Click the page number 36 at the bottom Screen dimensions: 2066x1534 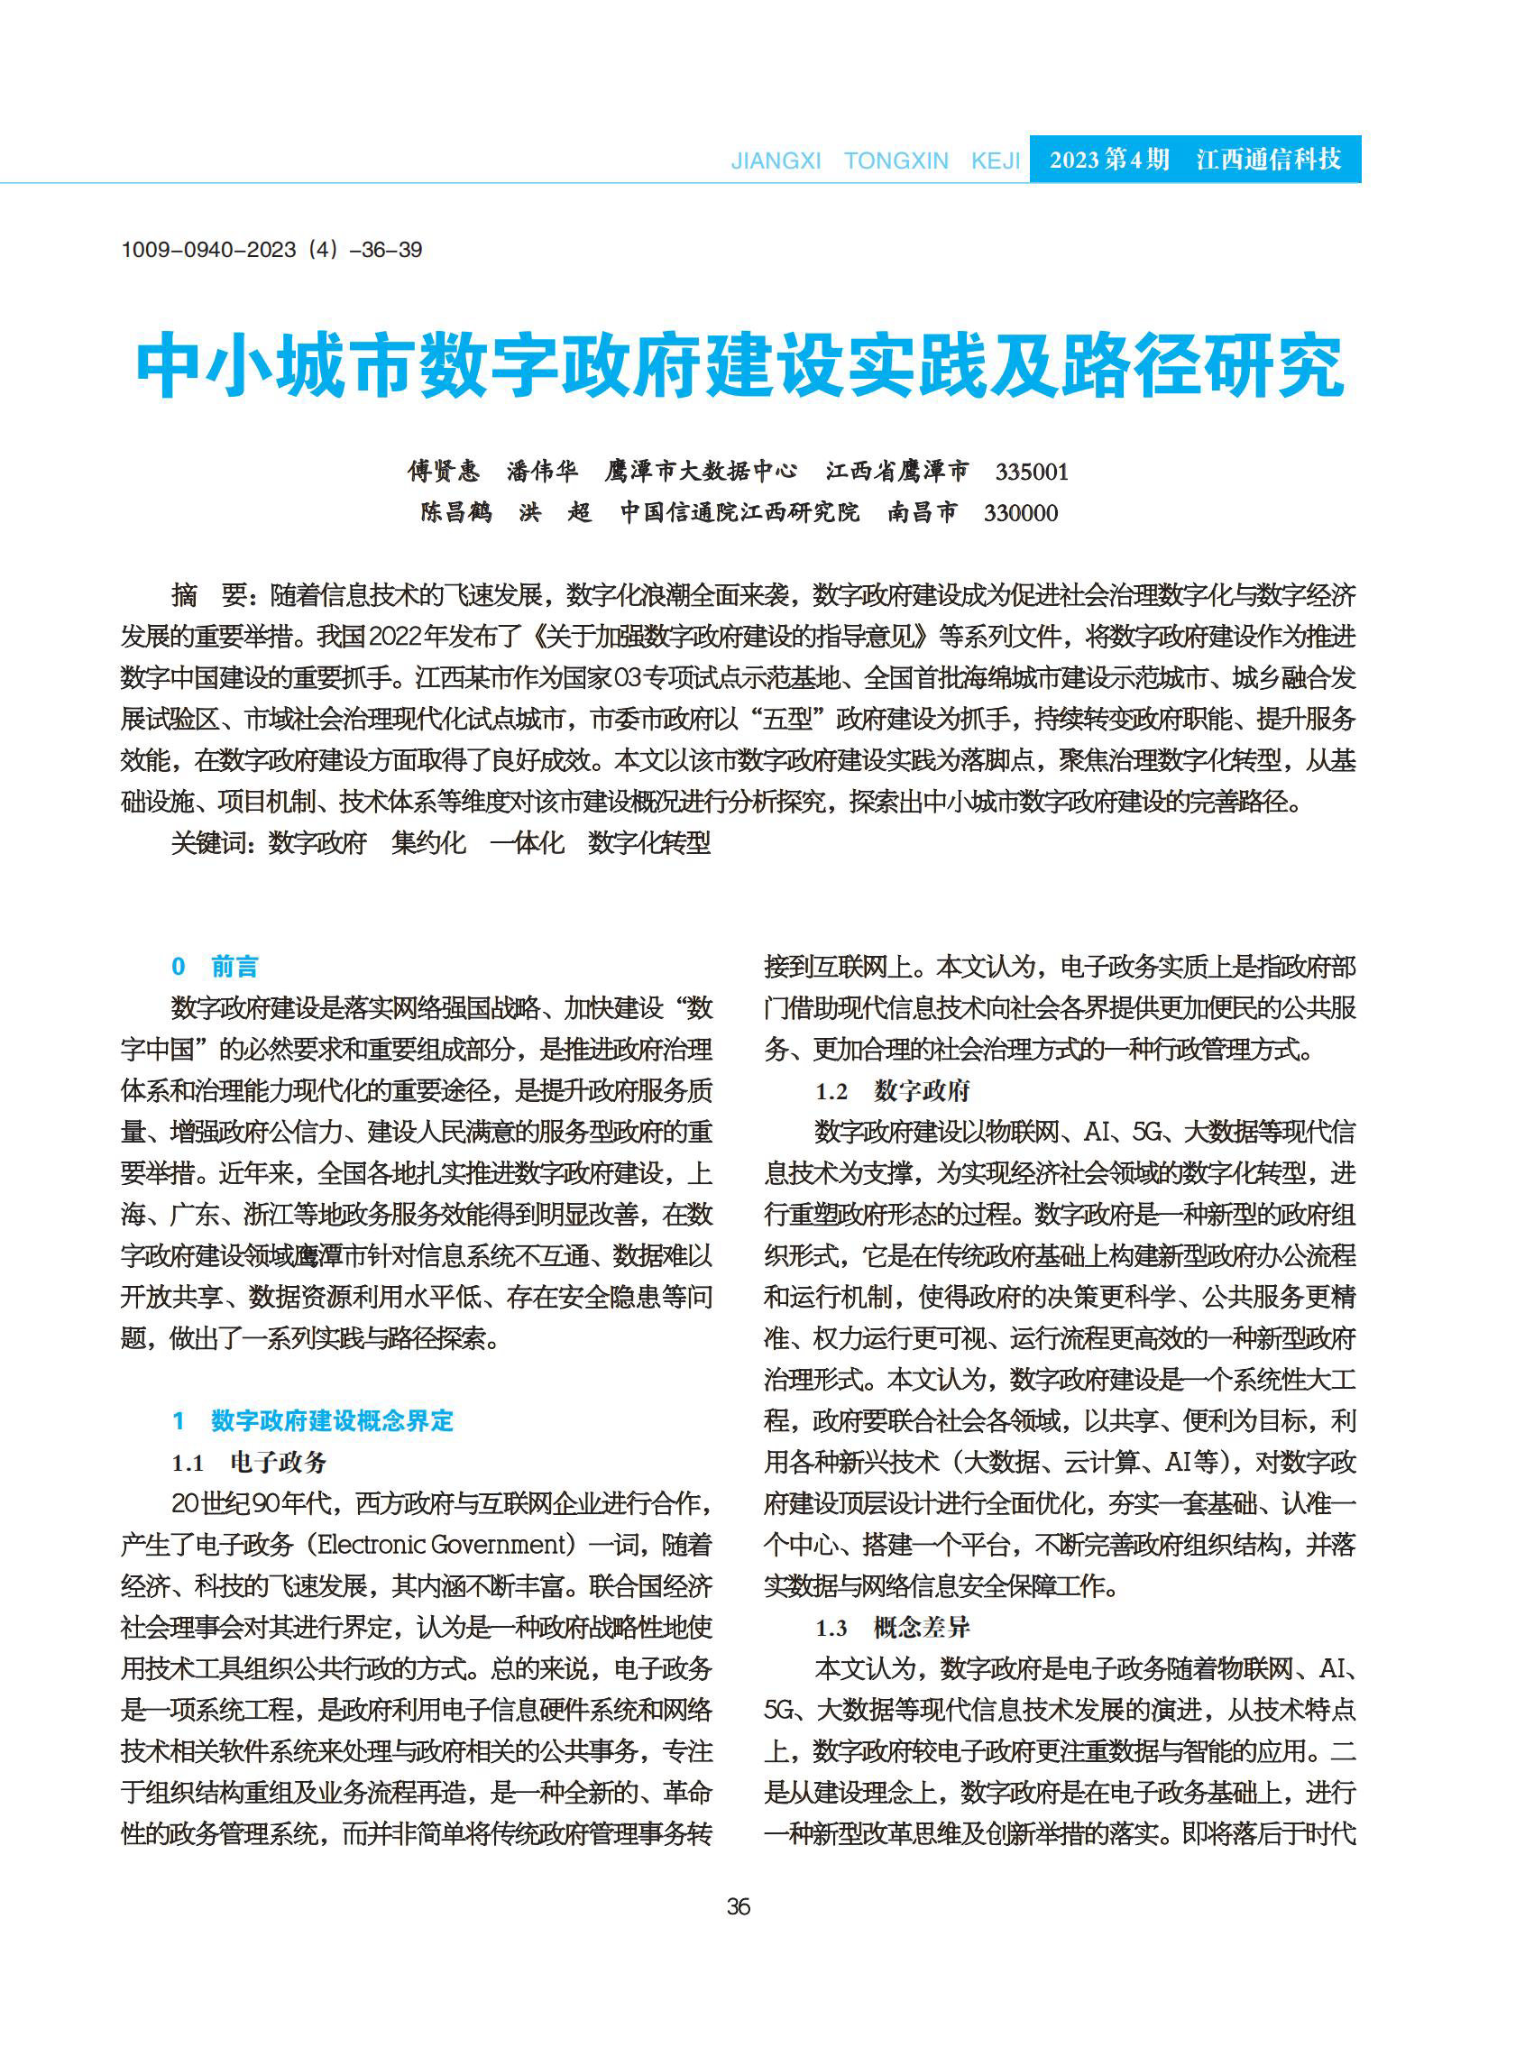pyautogui.click(x=739, y=1907)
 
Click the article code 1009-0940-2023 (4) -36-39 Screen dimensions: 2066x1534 pyautogui.click(x=271, y=250)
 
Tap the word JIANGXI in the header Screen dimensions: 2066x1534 pyautogui.click(x=776, y=161)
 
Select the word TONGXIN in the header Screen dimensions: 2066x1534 pyautogui.click(x=896, y=161)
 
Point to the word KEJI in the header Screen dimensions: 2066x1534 pyautogui.click(x=996, y=161)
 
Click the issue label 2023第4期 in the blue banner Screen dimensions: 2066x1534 pyautogui.click(x=1108, y=160)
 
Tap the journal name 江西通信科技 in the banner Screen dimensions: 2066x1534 pyautogui.click(x=1269, y=160)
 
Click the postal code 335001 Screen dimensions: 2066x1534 pyautogui.click(x=1032, y=472)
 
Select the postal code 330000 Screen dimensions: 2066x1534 pyautogui.click(x=1021, y=513)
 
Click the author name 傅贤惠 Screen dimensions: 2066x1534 pyautogui.click(x=444, y=472)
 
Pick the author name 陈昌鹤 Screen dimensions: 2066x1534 pyautogui.click(x=456, y=513)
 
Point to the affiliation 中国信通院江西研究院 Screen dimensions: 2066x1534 pyautogui.click(x=740, y=513)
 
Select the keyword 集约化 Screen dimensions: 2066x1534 pyautogui.click(x=428, y=843)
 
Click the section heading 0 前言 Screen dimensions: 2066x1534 pyautogui.click(x=215, y=967)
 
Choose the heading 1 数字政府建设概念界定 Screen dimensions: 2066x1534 pyautogui.click(x=313, y=1420)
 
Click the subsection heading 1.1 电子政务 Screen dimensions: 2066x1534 pyautogui.click(x=249, y=1463)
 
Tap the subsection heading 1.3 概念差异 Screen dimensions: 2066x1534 pyautogui.click(x=893, y=1628)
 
